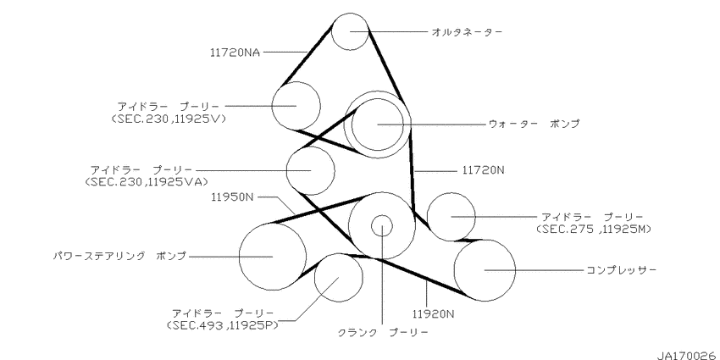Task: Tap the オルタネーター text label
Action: click(x=467, y=31)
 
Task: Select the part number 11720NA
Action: click(x=235, y=53)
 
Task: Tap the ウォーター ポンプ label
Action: click(x=534, y=124)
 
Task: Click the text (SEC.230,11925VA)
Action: click(x=143, y=182)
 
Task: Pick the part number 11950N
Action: click(x=232, y=197)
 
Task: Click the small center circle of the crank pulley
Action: click(x=381, y=225)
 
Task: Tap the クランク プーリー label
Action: click(x=383, y=332)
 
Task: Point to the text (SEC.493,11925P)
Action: click(x=223, y=325)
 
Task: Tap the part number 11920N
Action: click(x=433, y=314)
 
